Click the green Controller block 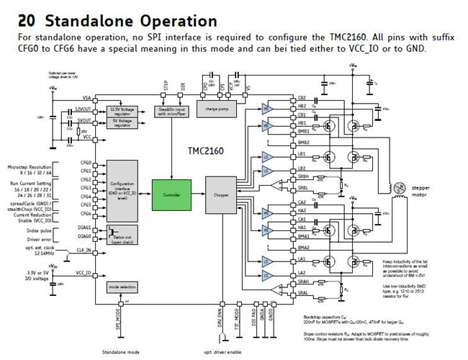[171, 195]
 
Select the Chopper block [221, 195]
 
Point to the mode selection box [122, 287]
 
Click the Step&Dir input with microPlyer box [172, 111]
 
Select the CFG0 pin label [86, 163]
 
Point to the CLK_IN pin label [84, 251]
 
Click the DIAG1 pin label [85, 227]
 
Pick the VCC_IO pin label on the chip [84, 273]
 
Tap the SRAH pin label [302, 282]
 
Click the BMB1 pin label [303, 131]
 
